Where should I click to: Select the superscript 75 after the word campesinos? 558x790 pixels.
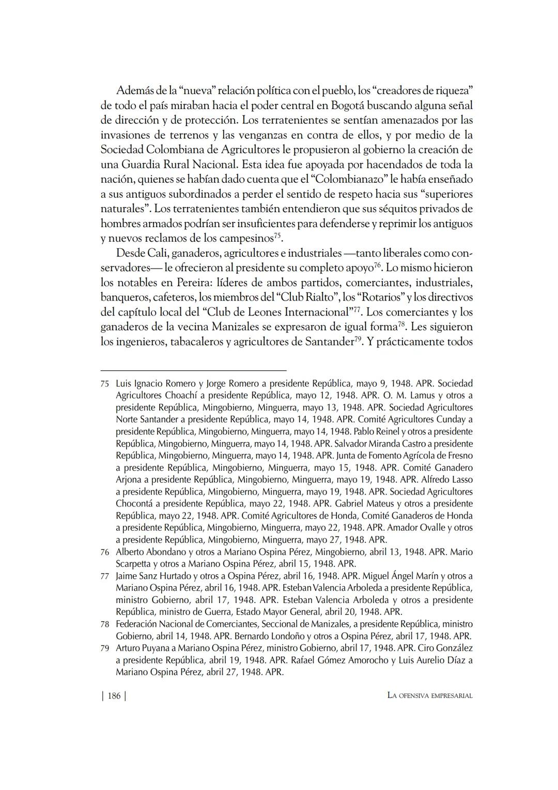pos(277,236)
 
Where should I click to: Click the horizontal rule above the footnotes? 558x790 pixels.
pos(193,370)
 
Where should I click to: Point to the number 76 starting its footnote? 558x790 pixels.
pos(105,552)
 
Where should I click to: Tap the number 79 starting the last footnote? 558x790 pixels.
pos(105,648)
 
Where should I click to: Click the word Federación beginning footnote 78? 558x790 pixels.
pos(138,624)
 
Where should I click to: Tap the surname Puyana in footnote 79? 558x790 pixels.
pos(159,648)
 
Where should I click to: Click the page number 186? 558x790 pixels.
pos(114,696)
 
